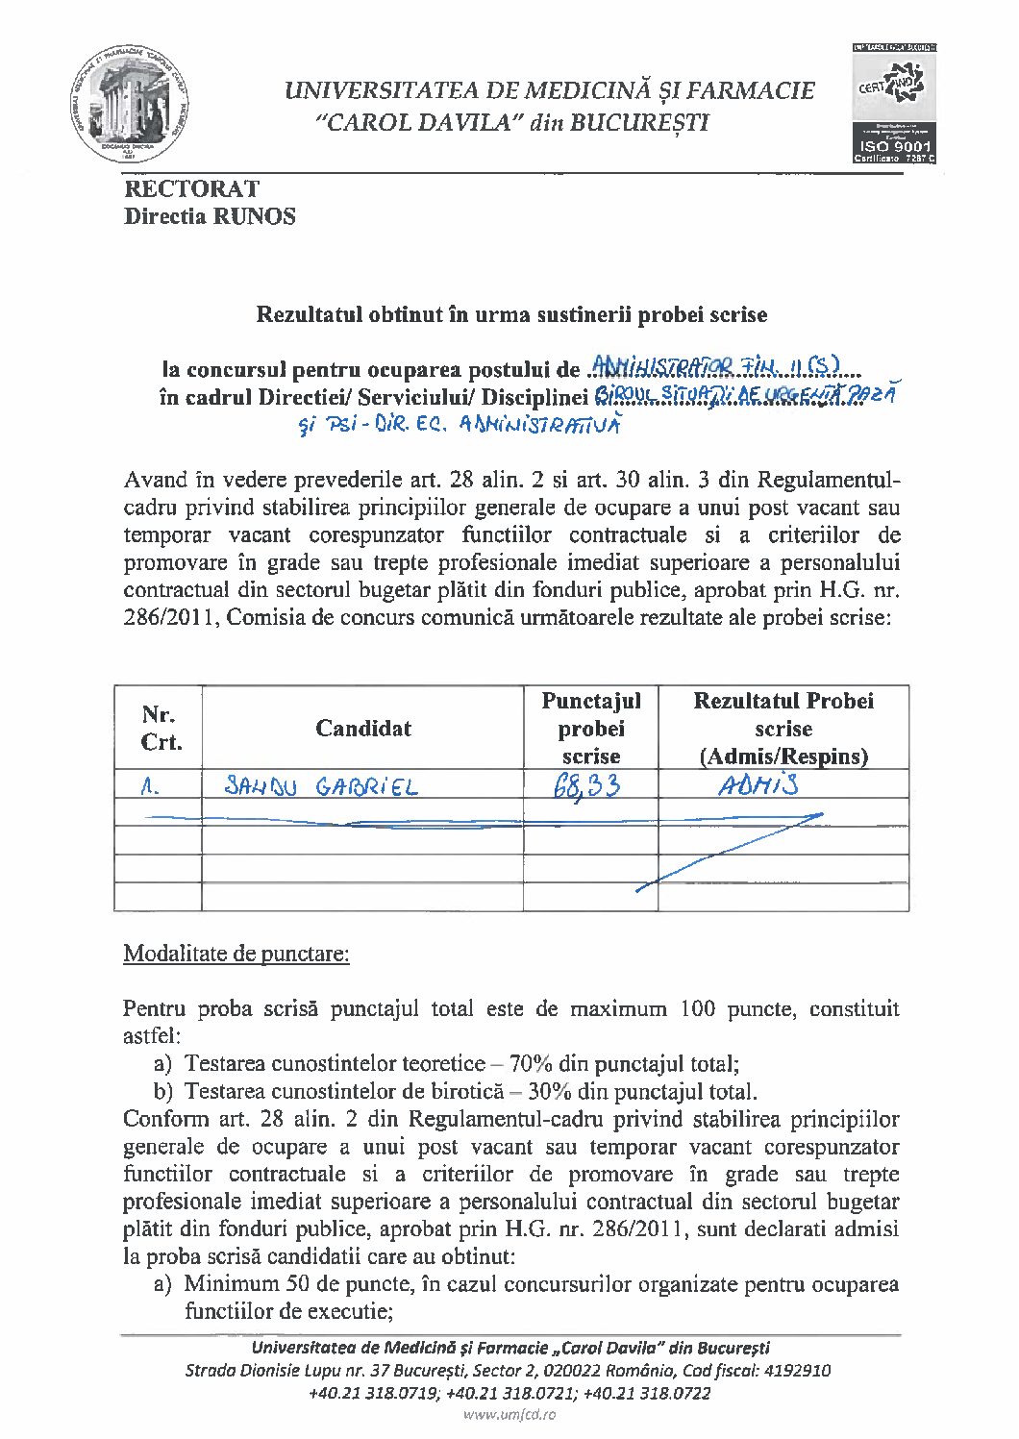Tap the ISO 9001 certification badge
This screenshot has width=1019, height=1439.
(x=894, y=102)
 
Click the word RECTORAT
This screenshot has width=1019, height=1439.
(x=191, y=188)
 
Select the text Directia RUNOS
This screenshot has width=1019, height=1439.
(x=210, y=216)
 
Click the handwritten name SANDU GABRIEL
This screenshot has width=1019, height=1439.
(x=321, y=787)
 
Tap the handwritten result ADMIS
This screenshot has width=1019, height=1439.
(x=758, y=785)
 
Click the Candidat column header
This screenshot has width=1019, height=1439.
(x=362, y=729)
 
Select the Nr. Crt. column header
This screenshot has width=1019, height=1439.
(x=160, y=729)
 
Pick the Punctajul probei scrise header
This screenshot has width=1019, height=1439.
(x=590, y=729)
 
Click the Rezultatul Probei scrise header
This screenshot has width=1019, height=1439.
(x=783, y=729)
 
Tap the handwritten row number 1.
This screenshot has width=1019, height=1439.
(x=149, y=787)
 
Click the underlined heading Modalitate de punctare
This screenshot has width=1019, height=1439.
(x=236, y=954)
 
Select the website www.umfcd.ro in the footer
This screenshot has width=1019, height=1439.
(x=509, y=1414)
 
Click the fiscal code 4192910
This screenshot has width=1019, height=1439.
(x=797, y=1371)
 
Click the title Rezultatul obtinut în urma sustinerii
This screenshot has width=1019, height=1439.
(x=510, y=314)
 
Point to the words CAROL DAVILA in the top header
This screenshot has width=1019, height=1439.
(x=419, y=123)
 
